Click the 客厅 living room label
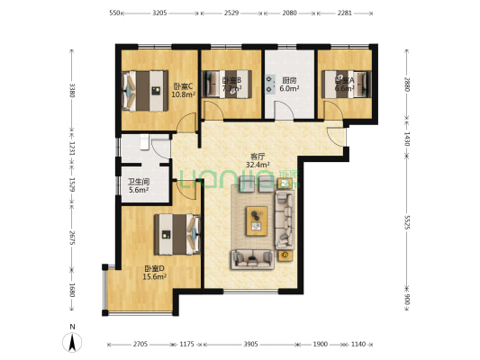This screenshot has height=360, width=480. pos(257,155)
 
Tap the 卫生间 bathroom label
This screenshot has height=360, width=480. pos(137,180)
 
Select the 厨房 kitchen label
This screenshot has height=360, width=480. pos(288,80)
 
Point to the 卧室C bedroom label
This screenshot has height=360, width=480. pos(184,86)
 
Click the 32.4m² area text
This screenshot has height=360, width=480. pos(259,165)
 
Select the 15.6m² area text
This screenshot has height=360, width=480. pos(155,277)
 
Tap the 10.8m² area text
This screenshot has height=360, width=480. pos(184,94)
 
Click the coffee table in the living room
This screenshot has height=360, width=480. pos(258,220)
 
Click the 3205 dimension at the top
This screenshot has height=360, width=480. pos(158,13)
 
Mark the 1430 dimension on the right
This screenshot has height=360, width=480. pos(407,139)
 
